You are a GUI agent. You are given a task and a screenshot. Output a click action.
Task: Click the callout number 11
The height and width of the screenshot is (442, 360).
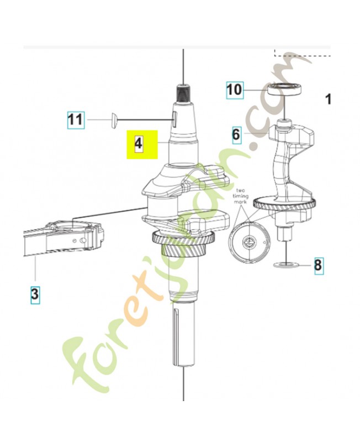76,120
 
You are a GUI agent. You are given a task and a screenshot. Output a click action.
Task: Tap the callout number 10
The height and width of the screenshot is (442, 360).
235,90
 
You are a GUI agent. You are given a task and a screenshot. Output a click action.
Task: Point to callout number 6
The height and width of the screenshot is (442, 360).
236,135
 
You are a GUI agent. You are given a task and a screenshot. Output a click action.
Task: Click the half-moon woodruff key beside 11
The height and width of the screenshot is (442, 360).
113,120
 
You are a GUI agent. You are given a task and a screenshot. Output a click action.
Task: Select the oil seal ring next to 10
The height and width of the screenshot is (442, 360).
284,90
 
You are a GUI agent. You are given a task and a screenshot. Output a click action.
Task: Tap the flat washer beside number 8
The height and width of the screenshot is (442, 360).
287,265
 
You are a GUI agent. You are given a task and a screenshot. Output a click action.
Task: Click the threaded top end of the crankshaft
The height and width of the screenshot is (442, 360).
184,93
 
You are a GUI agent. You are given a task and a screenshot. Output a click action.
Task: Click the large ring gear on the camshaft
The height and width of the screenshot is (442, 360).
284,204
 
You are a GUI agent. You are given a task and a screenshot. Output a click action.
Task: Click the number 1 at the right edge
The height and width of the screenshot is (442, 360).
328,99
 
